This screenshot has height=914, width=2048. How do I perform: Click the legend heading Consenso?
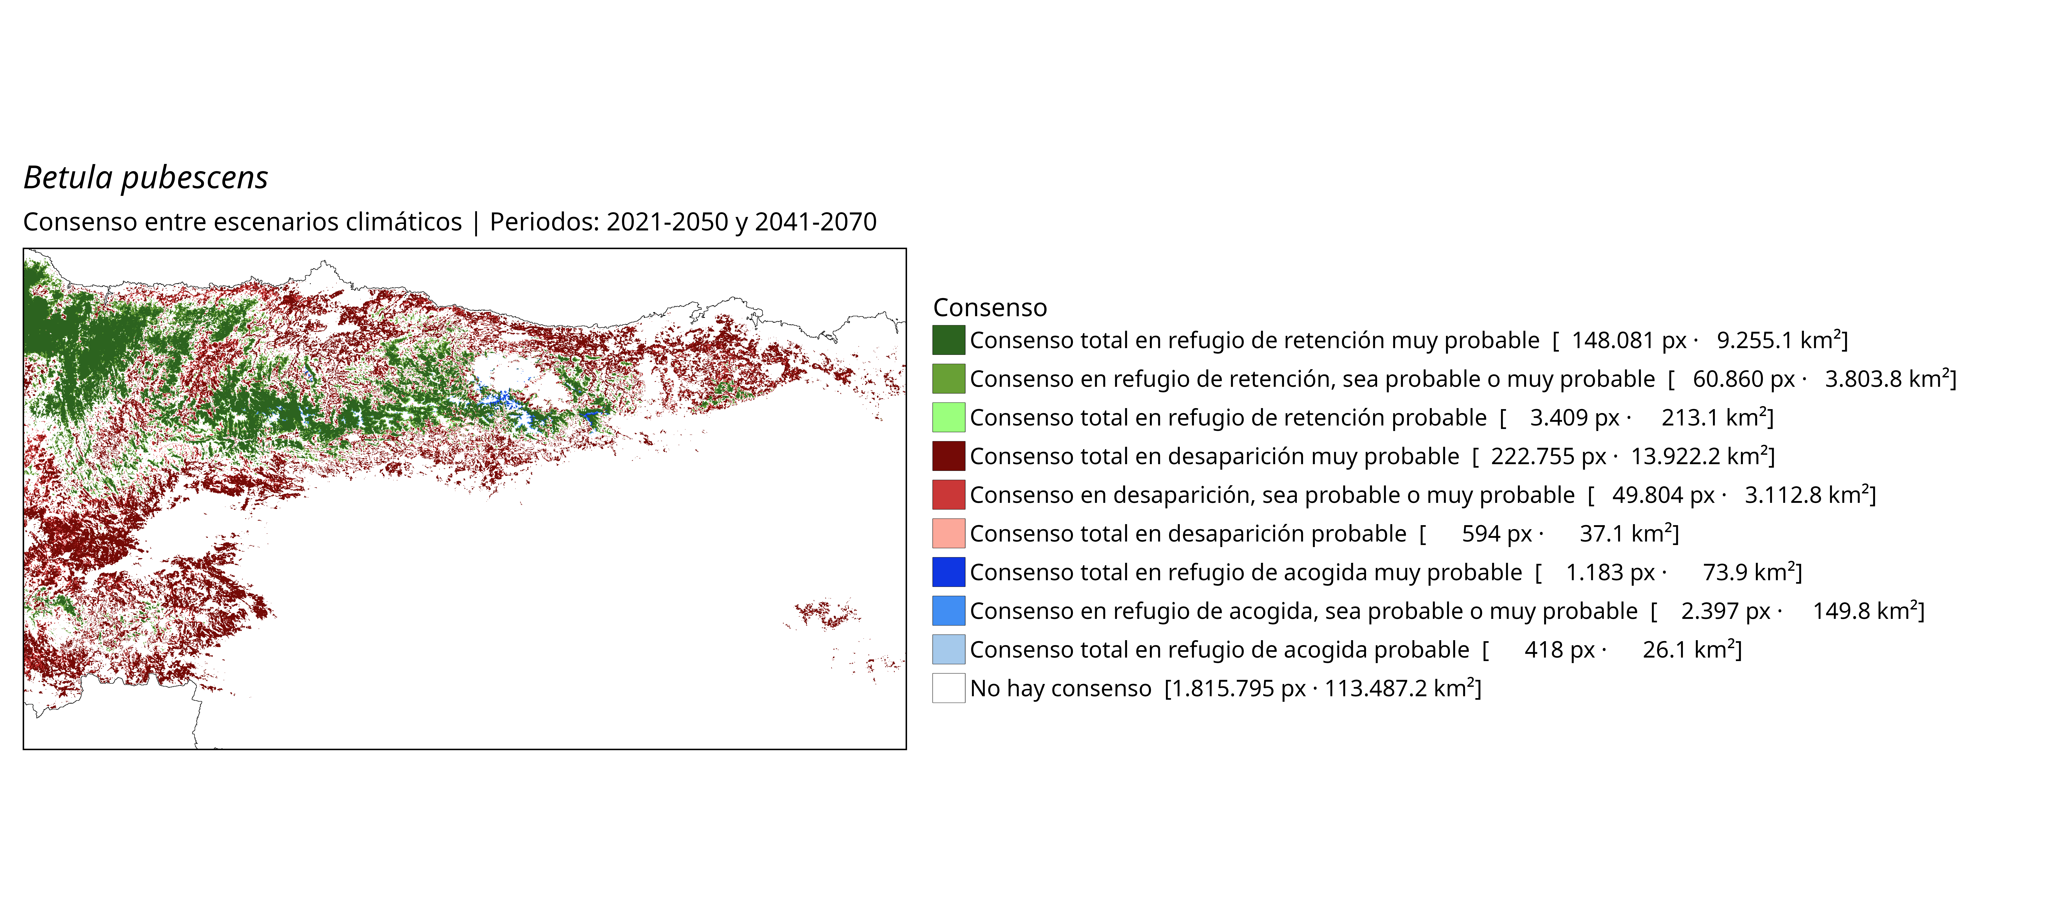click(x=990, y=308)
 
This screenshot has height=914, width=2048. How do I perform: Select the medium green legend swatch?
click(x=948, y=378)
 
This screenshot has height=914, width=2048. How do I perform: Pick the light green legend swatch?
click(x=948, y=417)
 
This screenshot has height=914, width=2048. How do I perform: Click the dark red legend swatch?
click(x=948, y=456)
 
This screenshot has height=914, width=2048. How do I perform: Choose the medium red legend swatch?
click(x=948, y=494)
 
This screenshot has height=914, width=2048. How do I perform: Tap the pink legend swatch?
click(x=948, y=533)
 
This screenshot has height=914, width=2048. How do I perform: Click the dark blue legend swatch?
click(x=948, y=572)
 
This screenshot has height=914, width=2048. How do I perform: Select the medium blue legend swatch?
click(x=948, y=610)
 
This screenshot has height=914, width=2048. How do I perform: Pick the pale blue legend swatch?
click(x=948, y=649)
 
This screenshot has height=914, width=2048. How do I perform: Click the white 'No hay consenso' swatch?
click(x=948, y=688)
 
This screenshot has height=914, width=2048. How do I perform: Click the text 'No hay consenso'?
click(x=1061, y=688)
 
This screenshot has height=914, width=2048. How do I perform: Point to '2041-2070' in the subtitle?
click(x=816, y=222)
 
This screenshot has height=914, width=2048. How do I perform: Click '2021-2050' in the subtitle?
click(x=667, y=222)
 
